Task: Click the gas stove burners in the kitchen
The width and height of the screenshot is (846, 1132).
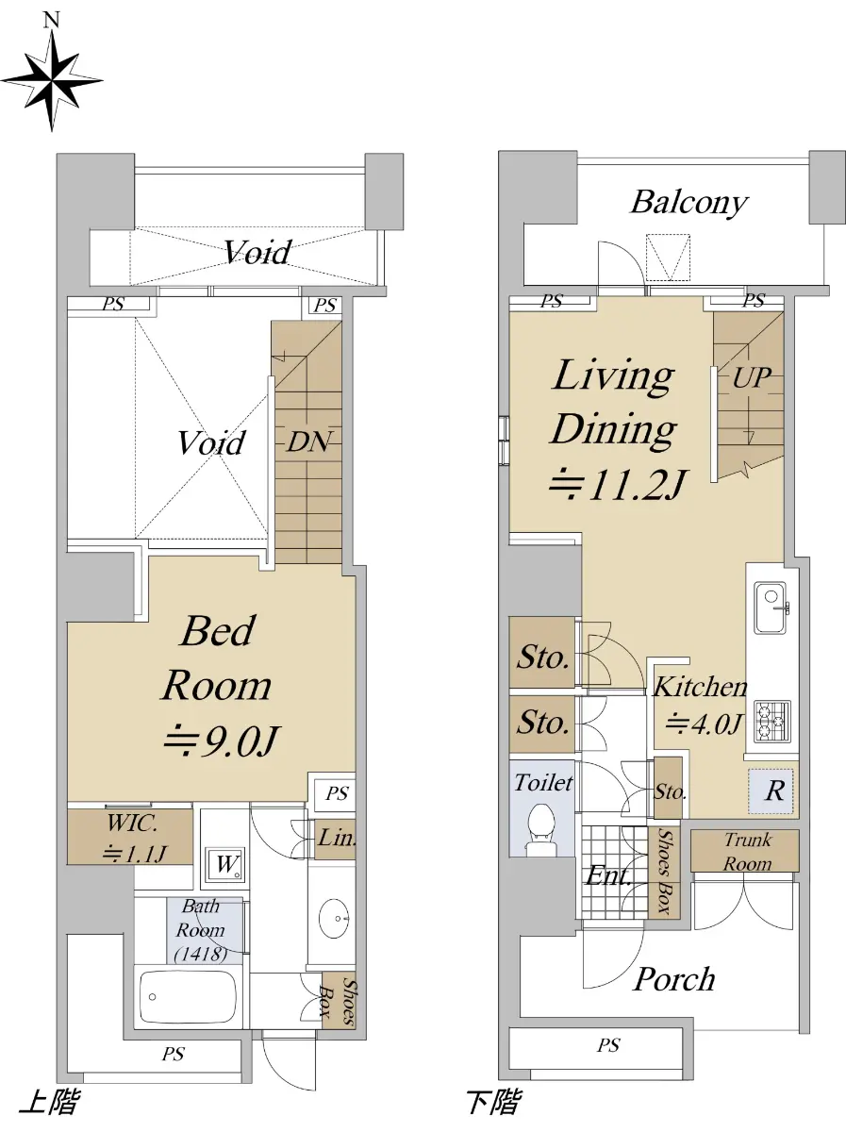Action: click(771, 722)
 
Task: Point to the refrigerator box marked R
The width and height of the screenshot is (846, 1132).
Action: click(771, 791)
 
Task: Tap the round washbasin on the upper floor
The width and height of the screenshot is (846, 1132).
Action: click(334, 918)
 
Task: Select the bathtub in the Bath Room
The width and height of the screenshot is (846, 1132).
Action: click(189, 996)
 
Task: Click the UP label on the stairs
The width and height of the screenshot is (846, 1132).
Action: click(753, 378)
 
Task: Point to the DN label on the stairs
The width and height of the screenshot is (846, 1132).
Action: click(308, 442)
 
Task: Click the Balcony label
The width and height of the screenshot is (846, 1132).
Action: click(689, 203)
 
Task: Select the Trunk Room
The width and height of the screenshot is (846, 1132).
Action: click(744, 851)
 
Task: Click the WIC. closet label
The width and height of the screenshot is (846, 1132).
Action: click(131, 824)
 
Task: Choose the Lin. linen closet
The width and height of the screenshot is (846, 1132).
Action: click(335, 839)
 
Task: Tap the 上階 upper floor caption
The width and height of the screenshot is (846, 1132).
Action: click(48, 1102)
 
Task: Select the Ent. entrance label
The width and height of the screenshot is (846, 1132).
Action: click(608, 876)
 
